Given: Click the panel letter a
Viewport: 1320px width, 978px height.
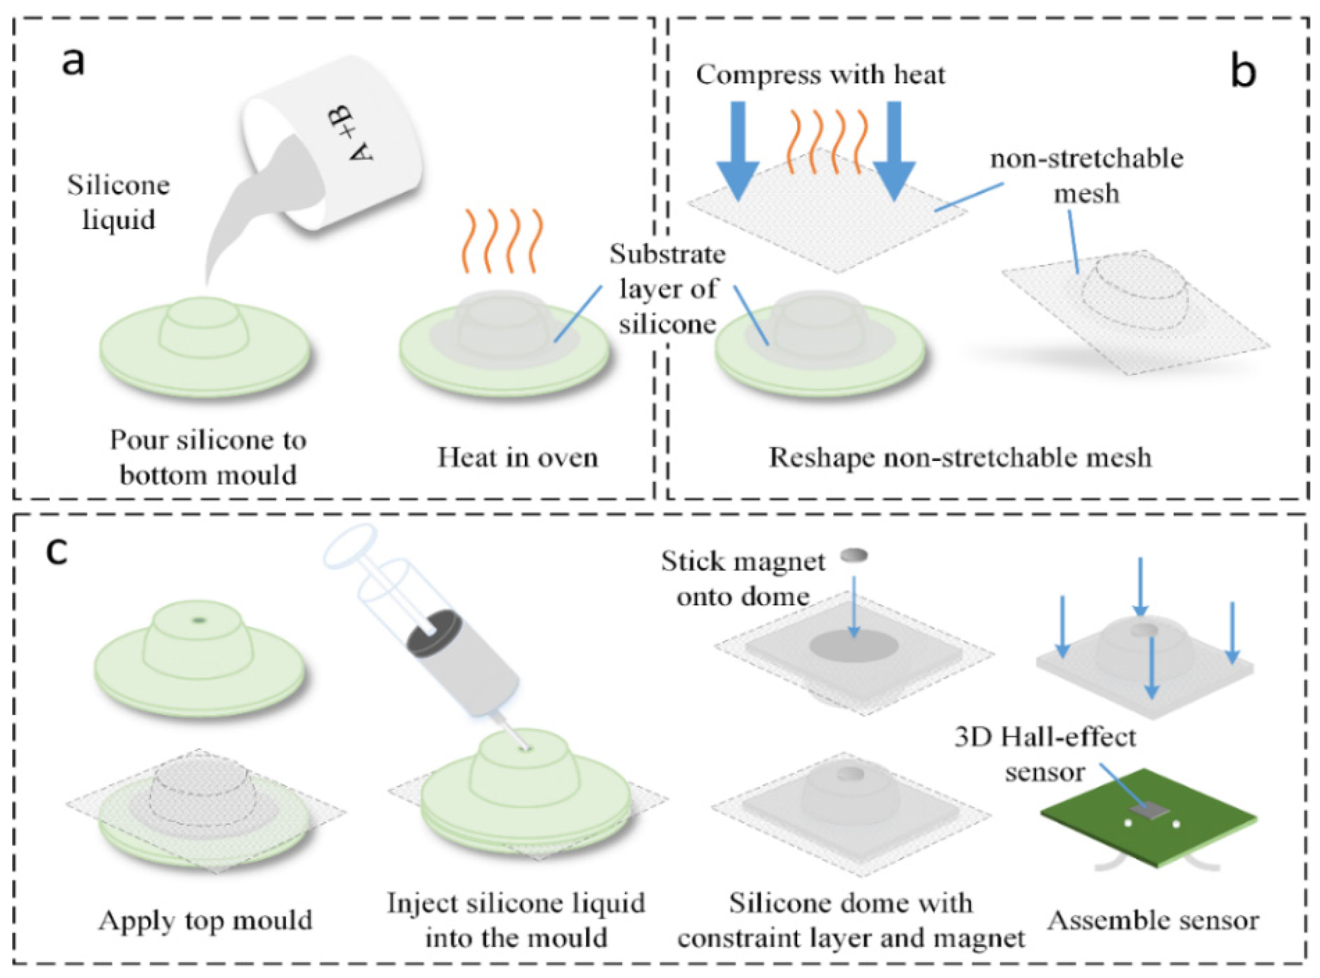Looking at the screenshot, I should click(x=73, y=62).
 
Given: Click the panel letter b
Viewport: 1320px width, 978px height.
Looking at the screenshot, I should click(x=1243, y=72).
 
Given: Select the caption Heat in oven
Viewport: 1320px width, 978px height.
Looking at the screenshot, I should click(x=517, y=457).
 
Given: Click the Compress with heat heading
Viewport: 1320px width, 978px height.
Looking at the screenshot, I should click(x=820, y=75).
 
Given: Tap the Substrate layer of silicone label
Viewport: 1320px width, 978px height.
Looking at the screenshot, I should click(x=668, y=289).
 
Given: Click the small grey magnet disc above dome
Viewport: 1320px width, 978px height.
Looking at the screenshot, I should click(x=854, y=555).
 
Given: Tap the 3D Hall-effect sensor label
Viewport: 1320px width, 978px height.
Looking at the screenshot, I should click(x=1045, y=754).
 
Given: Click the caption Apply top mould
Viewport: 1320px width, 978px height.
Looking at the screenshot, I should click(x=205, y=920).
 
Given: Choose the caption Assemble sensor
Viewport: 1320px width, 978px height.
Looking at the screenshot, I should click(x=1153, y=920).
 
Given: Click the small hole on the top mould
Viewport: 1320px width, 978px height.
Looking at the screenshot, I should click(x=198, y=620).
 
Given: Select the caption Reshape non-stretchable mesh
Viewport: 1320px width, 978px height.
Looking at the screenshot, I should click(x=960, y=457).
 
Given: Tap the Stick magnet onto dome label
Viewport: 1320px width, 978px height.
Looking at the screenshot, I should click(x=743, y=578).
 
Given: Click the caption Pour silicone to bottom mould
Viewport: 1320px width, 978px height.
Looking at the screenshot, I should click(x=207, y=457).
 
